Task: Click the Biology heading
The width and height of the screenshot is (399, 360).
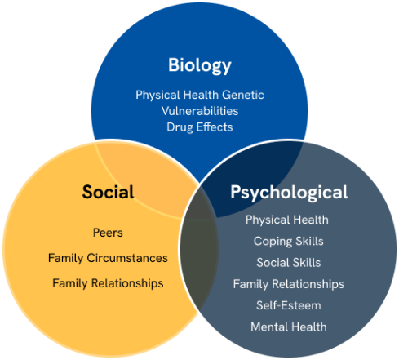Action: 200,65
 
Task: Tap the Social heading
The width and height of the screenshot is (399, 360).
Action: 108,192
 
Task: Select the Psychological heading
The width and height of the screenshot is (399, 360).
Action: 289,193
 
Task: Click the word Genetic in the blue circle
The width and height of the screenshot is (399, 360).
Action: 243,95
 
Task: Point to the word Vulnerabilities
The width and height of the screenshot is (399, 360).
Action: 200,111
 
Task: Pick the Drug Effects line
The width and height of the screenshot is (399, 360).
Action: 200,127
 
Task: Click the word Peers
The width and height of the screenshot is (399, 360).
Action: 108,233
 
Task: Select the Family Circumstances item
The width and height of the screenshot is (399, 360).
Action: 108,258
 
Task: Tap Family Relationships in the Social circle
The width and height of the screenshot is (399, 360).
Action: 108,283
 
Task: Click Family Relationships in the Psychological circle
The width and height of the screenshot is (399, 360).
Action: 289,284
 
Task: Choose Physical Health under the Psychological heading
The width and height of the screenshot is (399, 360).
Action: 287,220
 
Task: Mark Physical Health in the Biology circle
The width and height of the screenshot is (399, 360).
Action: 178,95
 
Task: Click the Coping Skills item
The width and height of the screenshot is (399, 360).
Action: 289,241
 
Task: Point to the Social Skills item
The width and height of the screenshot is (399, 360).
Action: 289,263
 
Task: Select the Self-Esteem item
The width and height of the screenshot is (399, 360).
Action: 289,305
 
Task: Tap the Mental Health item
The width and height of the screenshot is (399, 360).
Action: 289,327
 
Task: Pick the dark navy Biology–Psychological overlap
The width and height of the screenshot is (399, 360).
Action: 255,174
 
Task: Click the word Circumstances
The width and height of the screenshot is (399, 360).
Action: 127,258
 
